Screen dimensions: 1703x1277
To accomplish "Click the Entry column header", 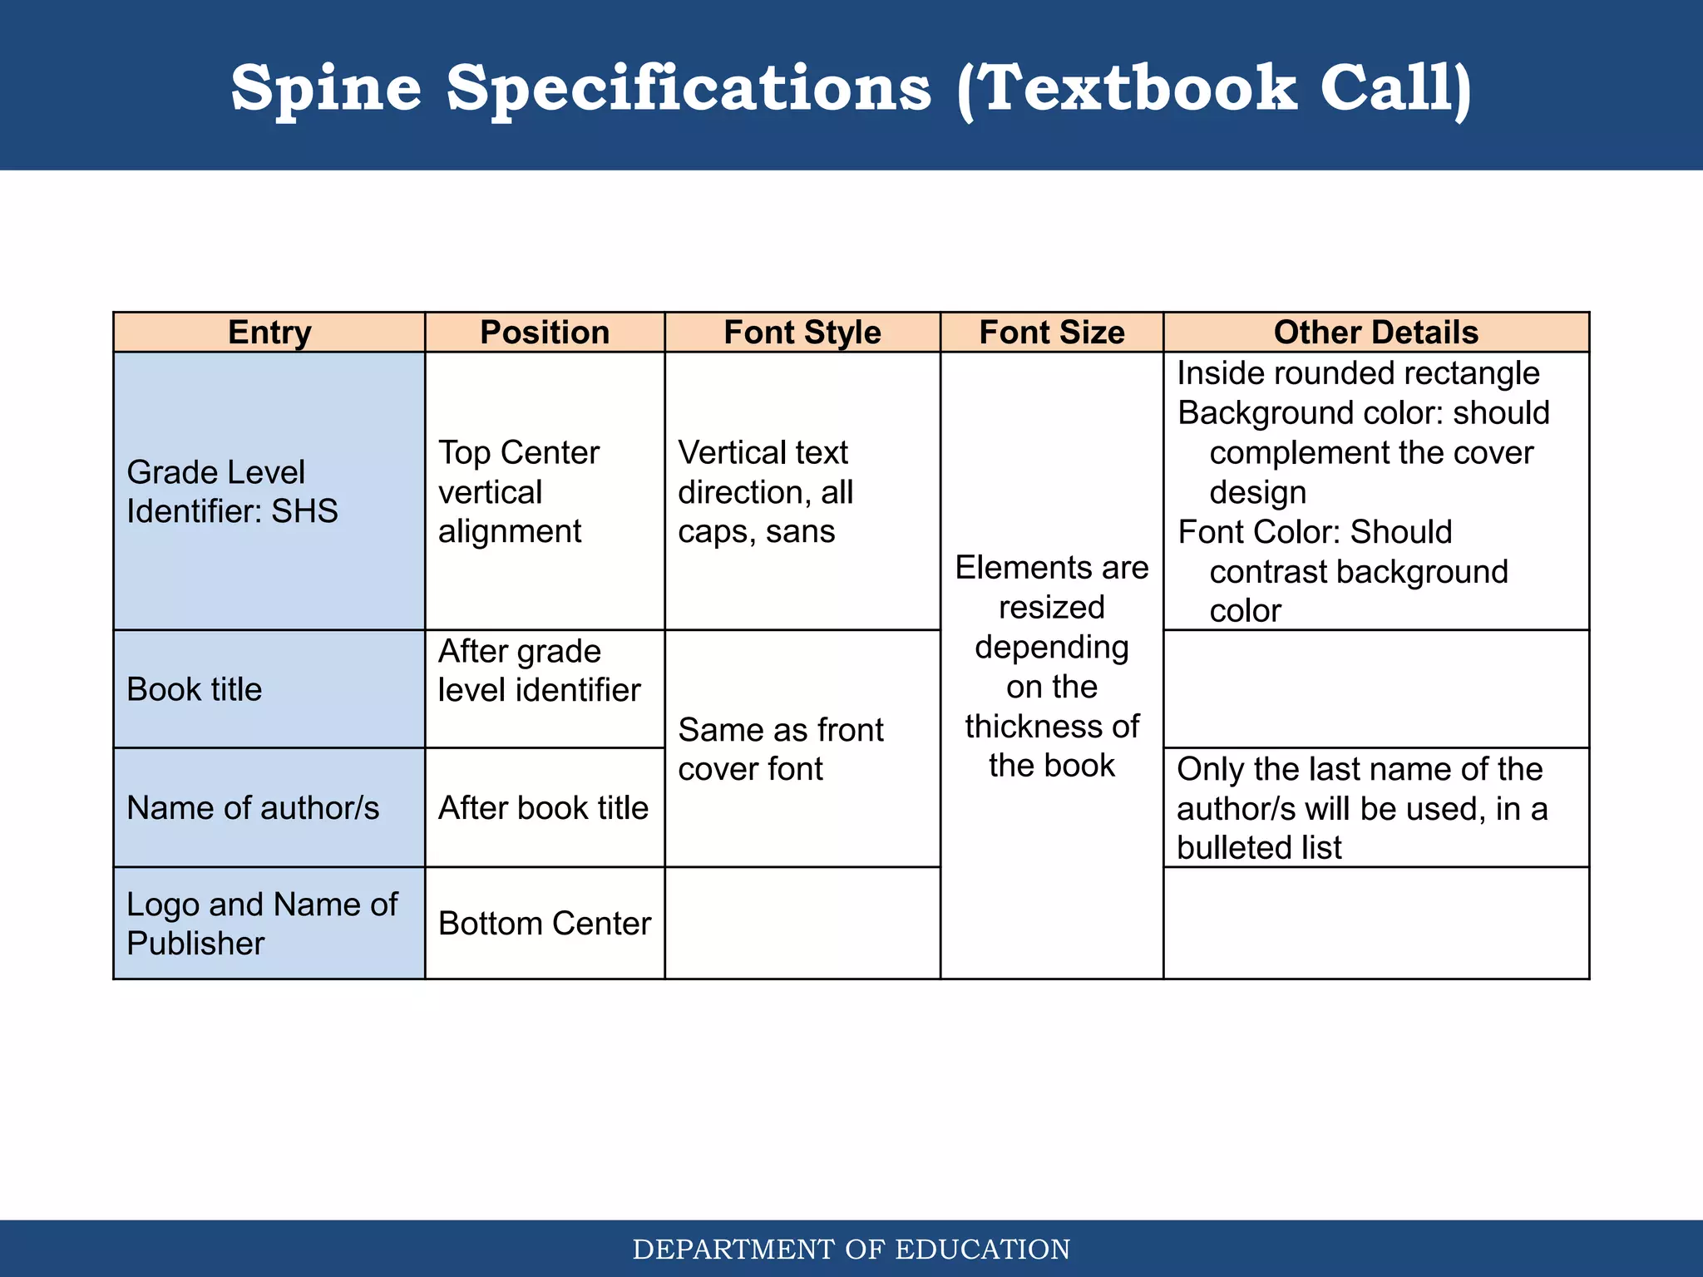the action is pyautogui.click(x=269, y=333).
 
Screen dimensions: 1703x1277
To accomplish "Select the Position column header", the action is pyautogui.click(x=545, y=333).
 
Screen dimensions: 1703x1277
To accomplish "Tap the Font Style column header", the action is pyautogui.click(x=802, y=333).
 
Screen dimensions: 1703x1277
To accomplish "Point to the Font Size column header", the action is pyautogui.click(x=1052, y=333).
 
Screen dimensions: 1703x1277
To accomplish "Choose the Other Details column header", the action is pyautogui.click(x=1376, y=333).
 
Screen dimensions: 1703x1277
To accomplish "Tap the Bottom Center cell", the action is pyautogui.click(x=545, y=924).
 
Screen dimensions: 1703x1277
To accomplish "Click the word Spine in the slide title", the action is pyautogui.click(x=326, y=89).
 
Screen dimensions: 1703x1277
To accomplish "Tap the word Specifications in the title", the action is pyautogui.click(x=689, y=89).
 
